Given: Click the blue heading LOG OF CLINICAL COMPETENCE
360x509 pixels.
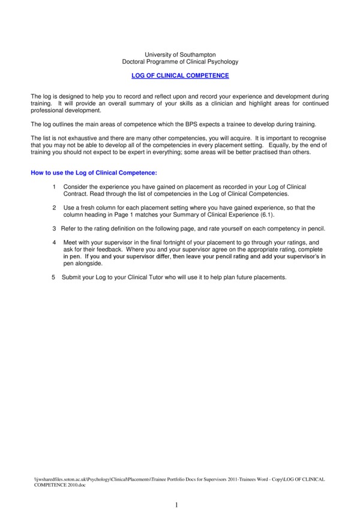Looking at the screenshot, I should click(x=180, y=76).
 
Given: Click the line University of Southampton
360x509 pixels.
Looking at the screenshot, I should click(x=180, y=54).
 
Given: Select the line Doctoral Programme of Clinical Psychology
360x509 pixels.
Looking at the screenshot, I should click(x=180, y=61).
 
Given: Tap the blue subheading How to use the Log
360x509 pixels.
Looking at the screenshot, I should click(x=93, y=173).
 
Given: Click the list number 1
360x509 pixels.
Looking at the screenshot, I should click(x=54, y=187).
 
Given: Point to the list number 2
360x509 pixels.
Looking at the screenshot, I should click(x=54, y=207).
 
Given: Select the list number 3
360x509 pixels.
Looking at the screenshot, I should click(x=54, y=228).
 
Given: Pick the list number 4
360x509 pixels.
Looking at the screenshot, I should click(x=54, y=242).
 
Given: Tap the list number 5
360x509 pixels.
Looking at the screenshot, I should click(x=53, y=277).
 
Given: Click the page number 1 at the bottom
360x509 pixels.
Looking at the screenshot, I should click(x=176, y=505).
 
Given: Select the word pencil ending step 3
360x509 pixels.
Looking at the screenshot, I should click(x=316, y=228).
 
